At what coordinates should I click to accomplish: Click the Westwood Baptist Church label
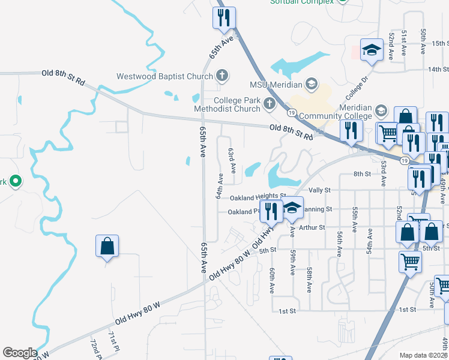(165, 76)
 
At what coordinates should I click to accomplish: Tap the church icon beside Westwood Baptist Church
(221, 76)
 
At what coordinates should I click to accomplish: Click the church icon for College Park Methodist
(269, 104)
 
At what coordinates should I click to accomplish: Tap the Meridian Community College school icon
(380, 110)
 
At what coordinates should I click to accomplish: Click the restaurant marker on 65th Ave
(224, 19)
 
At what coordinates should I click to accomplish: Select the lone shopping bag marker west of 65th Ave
(107, 246)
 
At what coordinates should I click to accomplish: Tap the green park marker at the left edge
(16, 181)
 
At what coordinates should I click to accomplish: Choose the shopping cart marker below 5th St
(411, 261)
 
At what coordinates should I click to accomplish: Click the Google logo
(20, 353)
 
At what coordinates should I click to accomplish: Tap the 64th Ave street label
(220, 186)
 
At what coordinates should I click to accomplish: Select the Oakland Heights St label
(254, 197)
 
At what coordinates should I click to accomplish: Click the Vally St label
(319, 190)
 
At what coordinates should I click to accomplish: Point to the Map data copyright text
(424, 355)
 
